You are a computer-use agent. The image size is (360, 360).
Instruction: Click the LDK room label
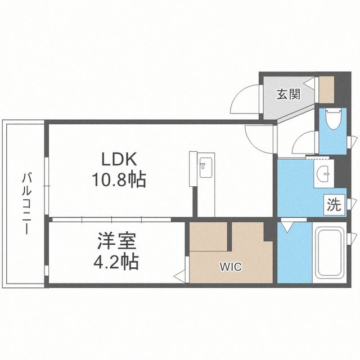(119, 159)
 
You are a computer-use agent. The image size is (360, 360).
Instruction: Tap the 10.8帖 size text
(119, 180)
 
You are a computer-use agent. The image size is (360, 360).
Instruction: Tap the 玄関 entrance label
(287, 94)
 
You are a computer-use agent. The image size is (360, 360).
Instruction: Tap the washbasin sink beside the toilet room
(324, 174)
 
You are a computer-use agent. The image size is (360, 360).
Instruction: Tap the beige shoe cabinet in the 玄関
(326, 88)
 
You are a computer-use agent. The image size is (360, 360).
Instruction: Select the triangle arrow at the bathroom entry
(287, 227)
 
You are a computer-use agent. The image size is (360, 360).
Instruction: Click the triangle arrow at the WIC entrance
(179, 276)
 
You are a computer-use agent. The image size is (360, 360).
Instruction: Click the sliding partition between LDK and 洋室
(115, 218)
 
